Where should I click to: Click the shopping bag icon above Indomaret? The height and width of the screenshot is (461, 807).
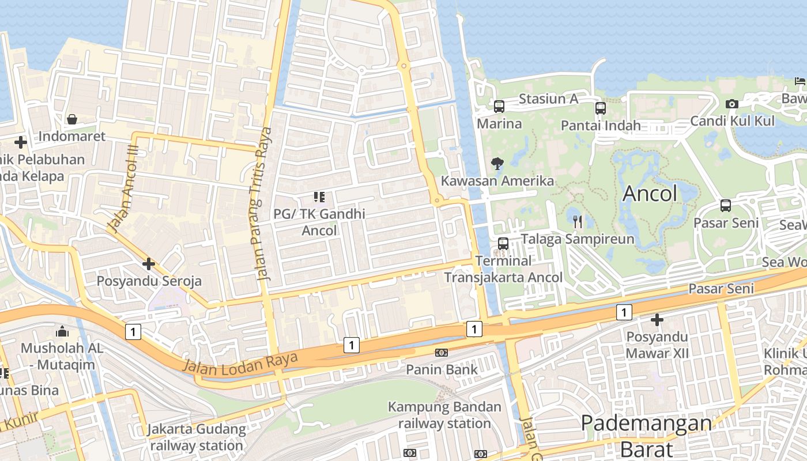[72, 119]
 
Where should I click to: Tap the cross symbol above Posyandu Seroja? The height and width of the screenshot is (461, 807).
[149, 264]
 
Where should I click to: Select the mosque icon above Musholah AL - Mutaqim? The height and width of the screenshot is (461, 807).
[62, 331]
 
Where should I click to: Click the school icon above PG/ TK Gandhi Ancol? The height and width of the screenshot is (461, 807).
[319, 197]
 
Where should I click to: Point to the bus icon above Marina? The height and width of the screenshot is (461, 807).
[499, 107]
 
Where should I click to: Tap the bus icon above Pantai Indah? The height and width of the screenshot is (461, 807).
[601, 108]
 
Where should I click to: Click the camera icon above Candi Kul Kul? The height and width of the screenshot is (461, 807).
[732, 104]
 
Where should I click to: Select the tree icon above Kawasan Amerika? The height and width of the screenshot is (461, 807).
[497, 164]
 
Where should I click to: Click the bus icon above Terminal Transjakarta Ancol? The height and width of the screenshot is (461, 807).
[503, 244]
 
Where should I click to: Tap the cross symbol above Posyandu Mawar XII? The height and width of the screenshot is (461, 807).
[657, 319]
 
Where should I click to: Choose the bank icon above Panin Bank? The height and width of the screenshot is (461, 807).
[442, 352]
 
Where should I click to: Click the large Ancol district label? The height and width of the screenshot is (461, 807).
[650, 194]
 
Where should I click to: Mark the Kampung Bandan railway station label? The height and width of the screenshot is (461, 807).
[444, 415]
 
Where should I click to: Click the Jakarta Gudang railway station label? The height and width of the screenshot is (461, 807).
[197, 437]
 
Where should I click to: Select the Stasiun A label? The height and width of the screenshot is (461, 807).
[548, 99]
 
